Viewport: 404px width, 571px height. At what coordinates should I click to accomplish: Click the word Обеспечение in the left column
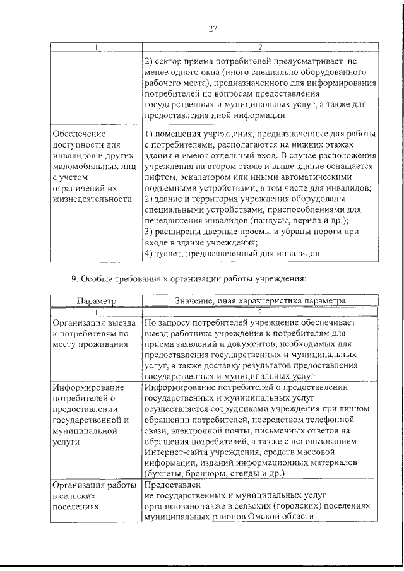[80, 134]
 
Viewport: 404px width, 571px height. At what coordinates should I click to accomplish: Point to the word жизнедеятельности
[92, 199]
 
